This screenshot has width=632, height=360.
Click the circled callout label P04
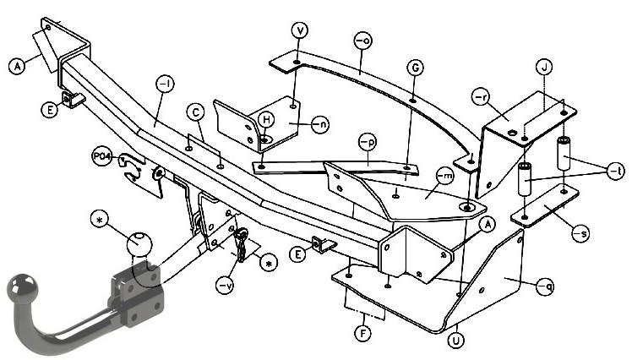(102, 157)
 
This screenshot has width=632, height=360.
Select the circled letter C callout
(196, 112)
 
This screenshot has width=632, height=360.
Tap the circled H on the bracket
(266, 120)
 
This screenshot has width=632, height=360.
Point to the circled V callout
(299, 30)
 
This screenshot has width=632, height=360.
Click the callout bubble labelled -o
(362, 41)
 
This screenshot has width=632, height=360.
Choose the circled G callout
(415, 68)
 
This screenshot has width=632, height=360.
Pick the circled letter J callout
(544, 68)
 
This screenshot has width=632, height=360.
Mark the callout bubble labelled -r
(481, 97)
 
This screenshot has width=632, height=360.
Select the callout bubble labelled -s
(580, 233)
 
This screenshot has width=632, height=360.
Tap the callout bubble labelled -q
(545, 286)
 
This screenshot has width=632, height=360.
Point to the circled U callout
(456, 341)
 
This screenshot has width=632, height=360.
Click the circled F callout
(363, 334)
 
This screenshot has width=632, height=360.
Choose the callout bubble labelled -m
(445, 177)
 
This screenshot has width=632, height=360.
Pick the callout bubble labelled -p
(368, 142)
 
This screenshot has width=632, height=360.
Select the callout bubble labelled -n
(320, 125)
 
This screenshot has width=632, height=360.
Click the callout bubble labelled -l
(166, 85)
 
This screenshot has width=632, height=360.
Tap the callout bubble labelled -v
(225, 286)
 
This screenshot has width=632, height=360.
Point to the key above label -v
(242, 244)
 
